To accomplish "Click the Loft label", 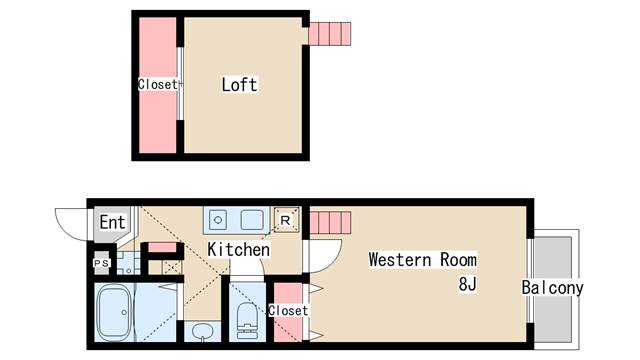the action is point(239,84).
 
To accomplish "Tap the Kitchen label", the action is point(238,249).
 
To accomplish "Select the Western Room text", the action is point(422,260).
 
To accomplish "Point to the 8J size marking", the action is point(467,284).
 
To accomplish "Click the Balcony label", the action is point(552,287).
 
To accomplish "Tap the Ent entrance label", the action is point(112,222).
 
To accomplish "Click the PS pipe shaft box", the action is point(102,263).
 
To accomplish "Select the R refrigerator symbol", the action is point(286,220).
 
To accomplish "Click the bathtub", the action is point(114,312).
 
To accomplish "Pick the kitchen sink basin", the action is point(252,220).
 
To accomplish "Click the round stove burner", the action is point(218,220).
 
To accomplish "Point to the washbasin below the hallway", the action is point(202,331).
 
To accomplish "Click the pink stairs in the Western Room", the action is point(330,223).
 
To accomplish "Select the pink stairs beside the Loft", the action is point(329,34).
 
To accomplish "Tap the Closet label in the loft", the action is point(158,84).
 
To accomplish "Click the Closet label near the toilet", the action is point(288,310).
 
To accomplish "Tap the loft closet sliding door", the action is point(179,84).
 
